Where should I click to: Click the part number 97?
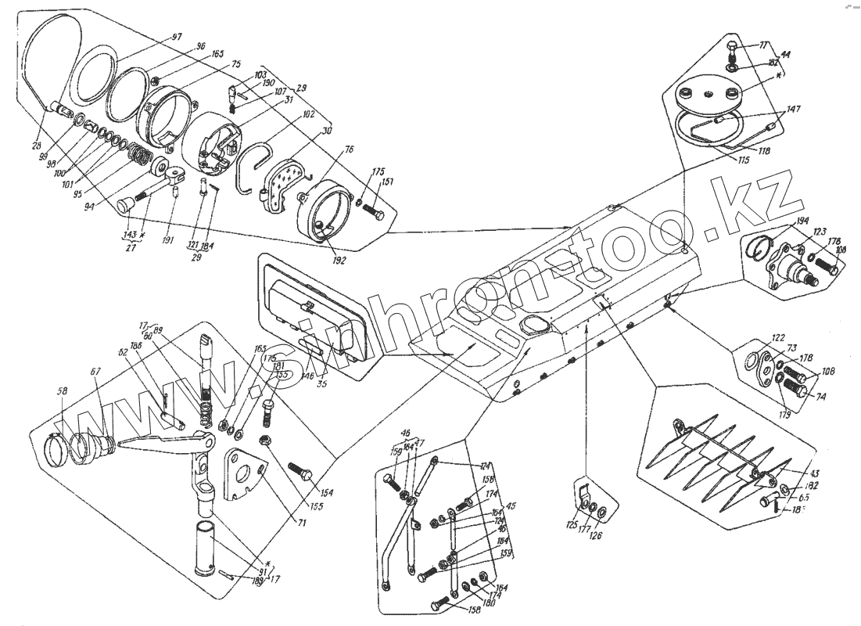pyautogui.click(x=177, y=38)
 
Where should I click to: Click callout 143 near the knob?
pyautogui.click(x=129, y=234)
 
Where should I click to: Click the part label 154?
pyautogui.click(x=325, y=494)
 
